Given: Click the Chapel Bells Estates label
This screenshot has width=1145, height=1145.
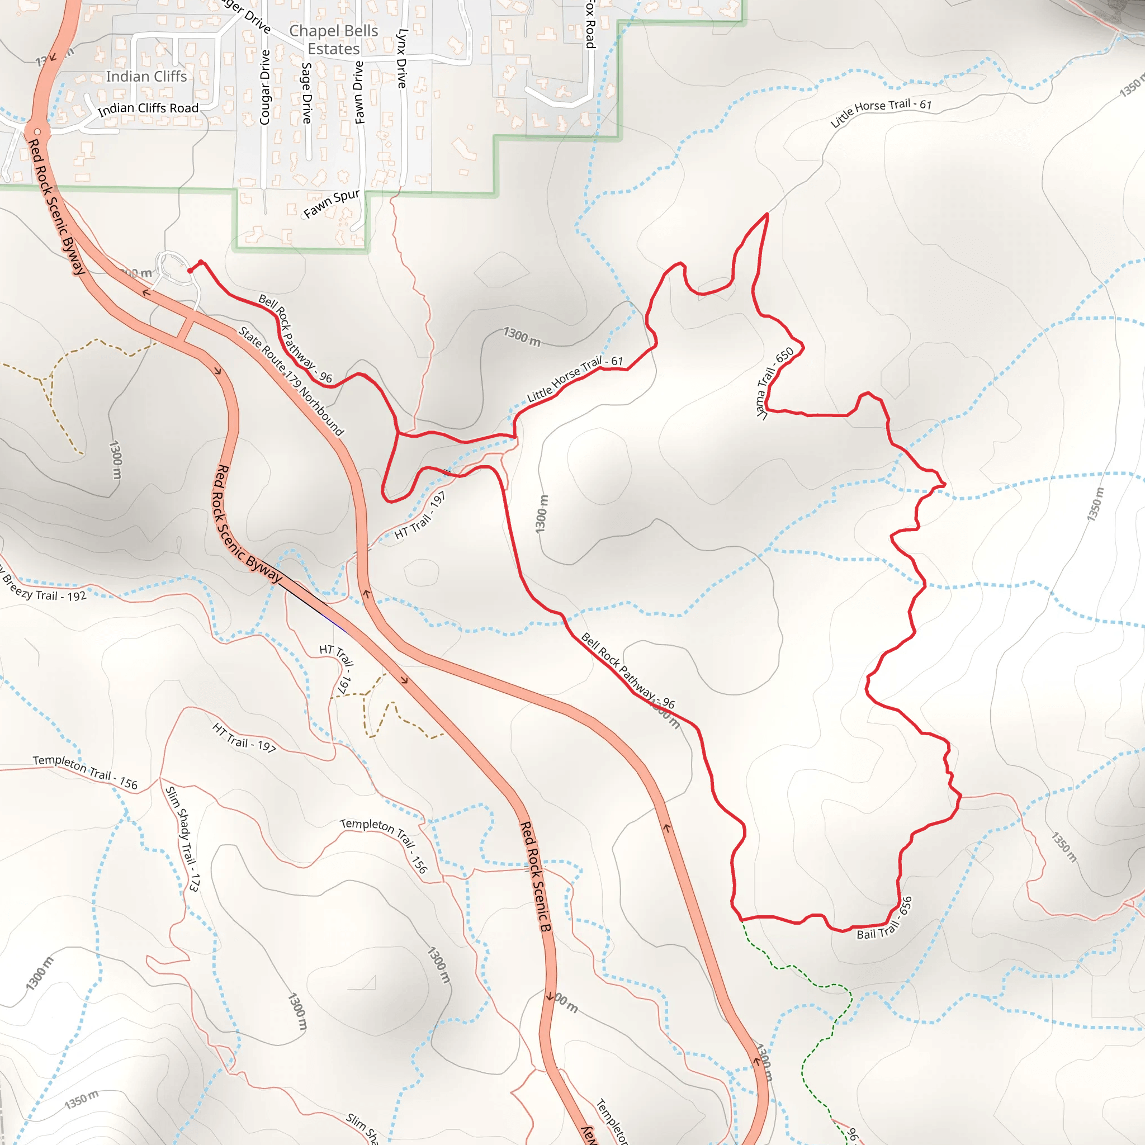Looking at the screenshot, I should pos(334,40).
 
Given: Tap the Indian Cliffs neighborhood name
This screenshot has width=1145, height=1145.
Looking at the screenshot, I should pos(146,77).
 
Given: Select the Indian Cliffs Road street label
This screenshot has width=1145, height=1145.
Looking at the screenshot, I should pos(148,108).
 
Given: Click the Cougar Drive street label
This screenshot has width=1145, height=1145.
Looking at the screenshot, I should pos(265,87).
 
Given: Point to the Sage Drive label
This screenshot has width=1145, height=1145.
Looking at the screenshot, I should pos(306,93).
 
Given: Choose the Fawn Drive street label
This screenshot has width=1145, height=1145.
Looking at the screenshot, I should pos(359,92).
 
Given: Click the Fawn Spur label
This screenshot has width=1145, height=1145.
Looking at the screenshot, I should pos(332,204).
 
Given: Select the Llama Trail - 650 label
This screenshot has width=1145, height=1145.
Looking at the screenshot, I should pos(774,383).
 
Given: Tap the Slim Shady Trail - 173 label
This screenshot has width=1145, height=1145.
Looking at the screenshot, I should pos(182,839).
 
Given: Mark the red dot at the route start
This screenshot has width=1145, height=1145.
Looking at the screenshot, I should pos(190,271).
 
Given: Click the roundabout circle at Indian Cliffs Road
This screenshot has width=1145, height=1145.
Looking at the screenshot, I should pos(37,131).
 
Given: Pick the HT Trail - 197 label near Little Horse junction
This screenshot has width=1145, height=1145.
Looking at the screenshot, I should pos(420,515).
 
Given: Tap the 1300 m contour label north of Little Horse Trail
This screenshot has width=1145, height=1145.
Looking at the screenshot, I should pos(522,337).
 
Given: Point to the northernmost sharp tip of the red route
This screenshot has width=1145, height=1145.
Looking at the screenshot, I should pos(768,214).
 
